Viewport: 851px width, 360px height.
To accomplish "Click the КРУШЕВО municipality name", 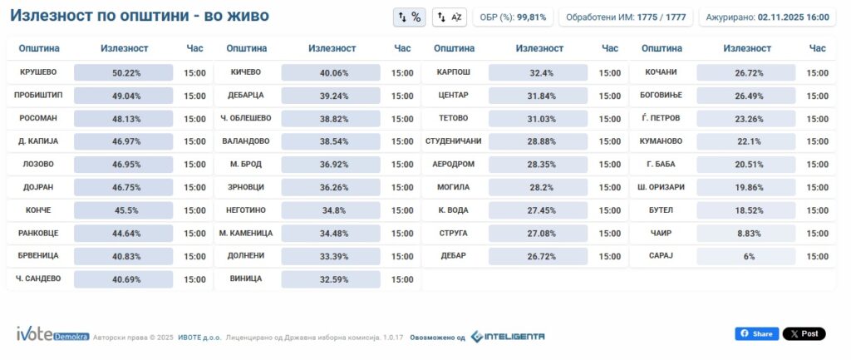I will coord(37,72).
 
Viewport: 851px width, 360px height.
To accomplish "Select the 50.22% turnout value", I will coord(124,73).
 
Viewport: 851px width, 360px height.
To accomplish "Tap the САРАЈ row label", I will coord(661,255).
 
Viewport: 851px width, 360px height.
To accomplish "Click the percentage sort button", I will coord(410,17).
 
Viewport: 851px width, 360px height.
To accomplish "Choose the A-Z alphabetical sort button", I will coord(450,17).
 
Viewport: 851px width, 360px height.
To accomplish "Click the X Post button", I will coord(804,333).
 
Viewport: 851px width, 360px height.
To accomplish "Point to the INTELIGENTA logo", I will coord(508,336).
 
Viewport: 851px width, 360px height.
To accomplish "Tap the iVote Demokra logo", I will coord(52,334).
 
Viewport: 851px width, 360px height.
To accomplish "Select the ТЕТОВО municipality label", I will coord(453,118).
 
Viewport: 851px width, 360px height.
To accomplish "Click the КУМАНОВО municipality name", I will coord(661,141).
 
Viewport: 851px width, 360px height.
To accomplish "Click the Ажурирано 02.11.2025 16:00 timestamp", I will coord(766,17).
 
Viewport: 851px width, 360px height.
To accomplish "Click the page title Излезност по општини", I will coord(139,16).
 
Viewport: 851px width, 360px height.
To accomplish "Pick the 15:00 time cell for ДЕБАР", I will coord(609,256).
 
